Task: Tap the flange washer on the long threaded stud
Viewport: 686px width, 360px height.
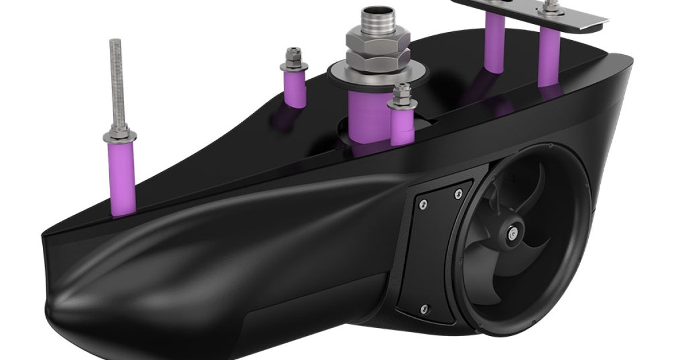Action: [x=119, y=137]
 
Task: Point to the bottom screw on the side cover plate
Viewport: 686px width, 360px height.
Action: [x=424, y=309]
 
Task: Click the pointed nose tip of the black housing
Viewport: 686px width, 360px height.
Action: [x=49, y=311]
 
